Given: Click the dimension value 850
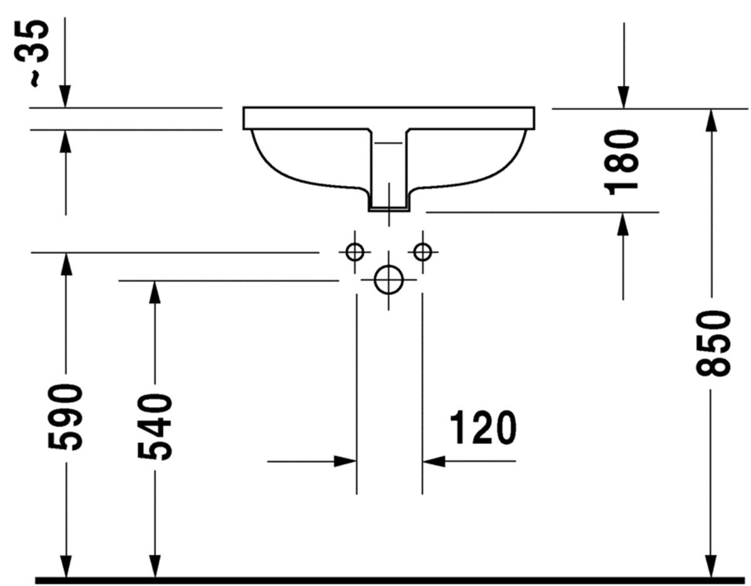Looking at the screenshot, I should coord(713,343).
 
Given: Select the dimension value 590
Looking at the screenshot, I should coord(66,417).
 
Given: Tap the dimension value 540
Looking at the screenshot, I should coord(154,427).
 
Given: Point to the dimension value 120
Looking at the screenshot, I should coord(483,428).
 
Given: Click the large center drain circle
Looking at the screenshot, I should coord(389,280).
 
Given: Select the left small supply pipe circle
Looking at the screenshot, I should coord(355,252).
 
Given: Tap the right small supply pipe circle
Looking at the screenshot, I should coord(422,252).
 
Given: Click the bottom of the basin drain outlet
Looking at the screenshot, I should coord(389,208).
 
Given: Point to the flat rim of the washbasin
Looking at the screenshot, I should coord(389,117).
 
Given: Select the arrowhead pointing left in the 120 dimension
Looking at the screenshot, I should coord(434,462).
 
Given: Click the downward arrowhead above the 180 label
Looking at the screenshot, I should coord(623,98).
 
